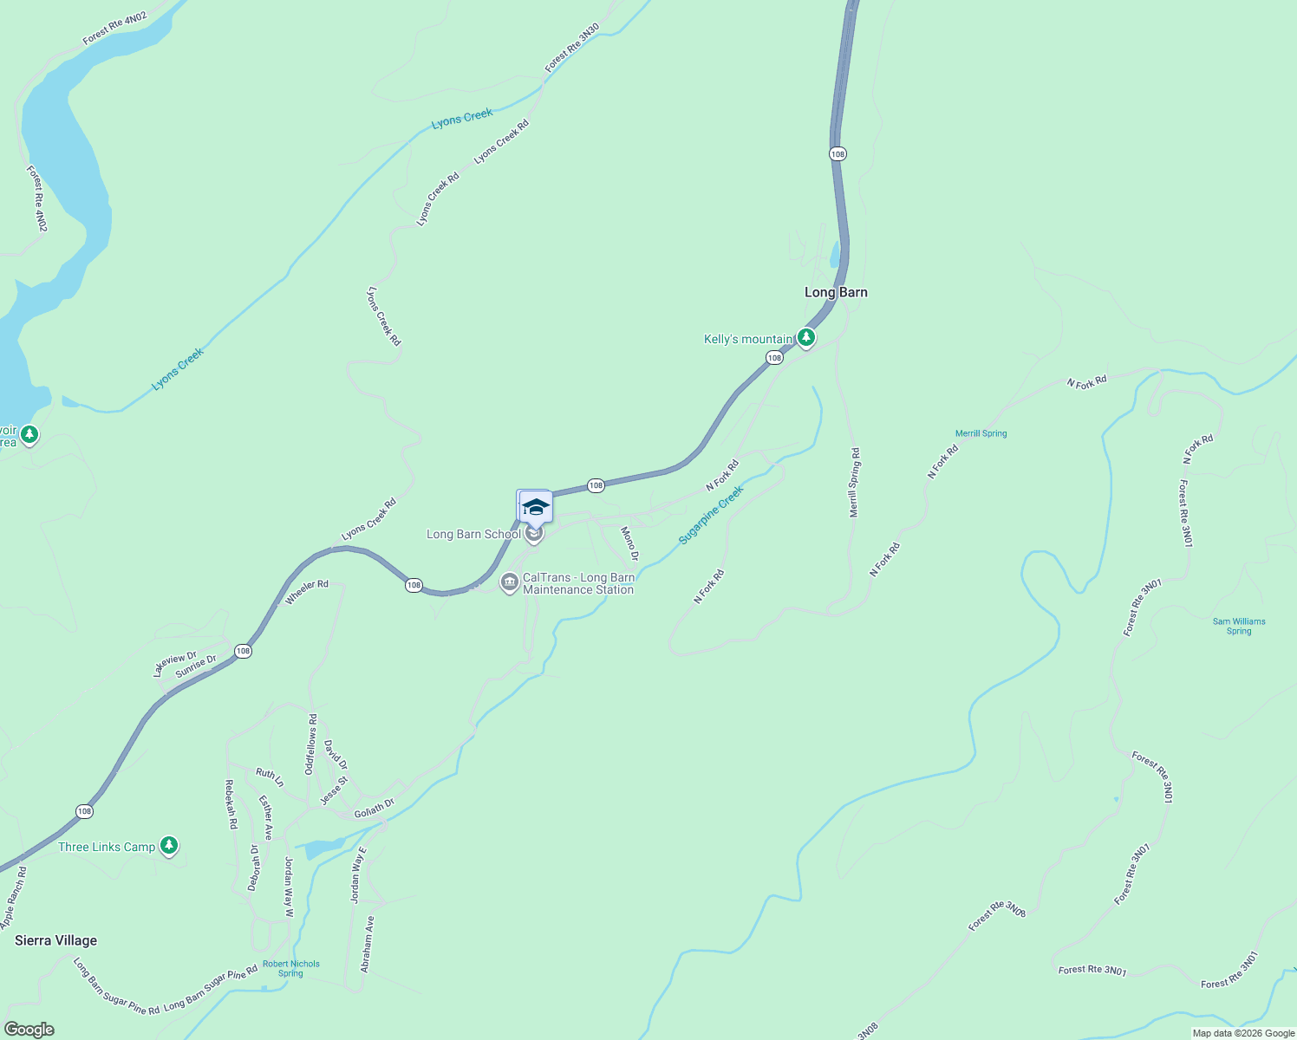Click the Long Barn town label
(836, 292)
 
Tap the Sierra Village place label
(56, 940)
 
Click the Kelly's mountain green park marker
(806, 338)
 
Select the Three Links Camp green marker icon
(169, 846)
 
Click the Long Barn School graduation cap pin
(536, 507)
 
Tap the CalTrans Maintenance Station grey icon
(510, 582)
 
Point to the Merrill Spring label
(981, 433)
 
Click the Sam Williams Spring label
(1239, 626)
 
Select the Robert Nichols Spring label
(291, 968)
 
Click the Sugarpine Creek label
(711, 515)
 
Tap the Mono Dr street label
(630, 543)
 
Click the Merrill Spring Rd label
(855, 483)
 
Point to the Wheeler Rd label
(307, 591)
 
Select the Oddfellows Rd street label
(310, 744)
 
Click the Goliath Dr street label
(374, 809)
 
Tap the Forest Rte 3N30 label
(572, 48)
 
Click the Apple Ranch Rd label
(14, 898)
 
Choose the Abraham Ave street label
(368, 944)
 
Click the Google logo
(29, 1030)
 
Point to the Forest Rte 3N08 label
(997, 915)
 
